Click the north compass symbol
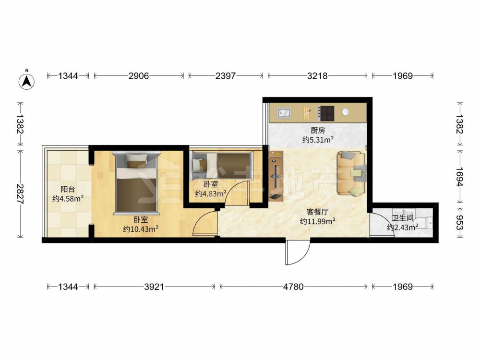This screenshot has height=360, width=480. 26,82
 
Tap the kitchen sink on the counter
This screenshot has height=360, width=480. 284,113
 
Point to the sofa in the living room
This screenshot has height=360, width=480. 351,173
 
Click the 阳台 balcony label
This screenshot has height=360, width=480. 68,190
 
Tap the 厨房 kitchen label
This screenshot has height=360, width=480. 317,131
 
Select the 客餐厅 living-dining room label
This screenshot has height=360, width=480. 317,212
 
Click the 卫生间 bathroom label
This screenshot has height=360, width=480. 403,218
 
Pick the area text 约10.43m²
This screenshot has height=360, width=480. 141,228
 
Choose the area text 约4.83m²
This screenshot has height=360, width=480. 211,193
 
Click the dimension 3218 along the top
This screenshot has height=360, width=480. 317,76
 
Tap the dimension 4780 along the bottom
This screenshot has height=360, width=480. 293,287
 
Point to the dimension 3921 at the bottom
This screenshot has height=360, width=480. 154,287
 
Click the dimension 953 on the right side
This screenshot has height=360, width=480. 459,222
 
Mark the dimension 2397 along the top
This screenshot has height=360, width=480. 226,76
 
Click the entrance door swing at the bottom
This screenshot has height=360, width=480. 298,252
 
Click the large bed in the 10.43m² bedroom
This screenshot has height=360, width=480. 136,183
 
